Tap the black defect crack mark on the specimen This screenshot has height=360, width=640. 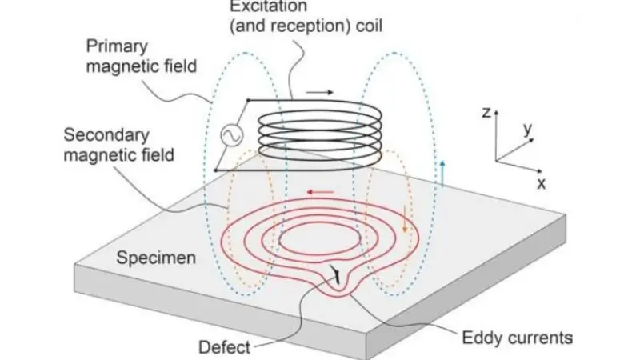[340, 276]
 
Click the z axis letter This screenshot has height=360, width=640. [486, 113]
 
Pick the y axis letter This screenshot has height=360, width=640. [527, 129]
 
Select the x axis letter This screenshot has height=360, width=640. [542, 183]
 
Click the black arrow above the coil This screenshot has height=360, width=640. [318, 93]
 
